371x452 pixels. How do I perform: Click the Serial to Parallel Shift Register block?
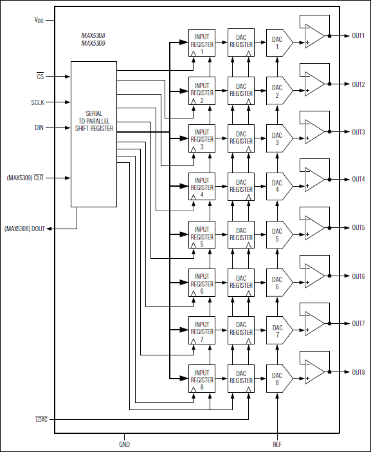click(94, 134)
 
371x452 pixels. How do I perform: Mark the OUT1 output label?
click(358, 36)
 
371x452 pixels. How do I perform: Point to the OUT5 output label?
click(358, 228)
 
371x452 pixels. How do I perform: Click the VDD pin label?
click(39, 21)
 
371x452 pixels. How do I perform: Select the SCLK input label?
click(39, 102)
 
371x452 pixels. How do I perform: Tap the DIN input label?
click(40, 127)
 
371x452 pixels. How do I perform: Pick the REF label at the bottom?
click(277, 444)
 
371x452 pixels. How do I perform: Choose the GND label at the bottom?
click(124, 444)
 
